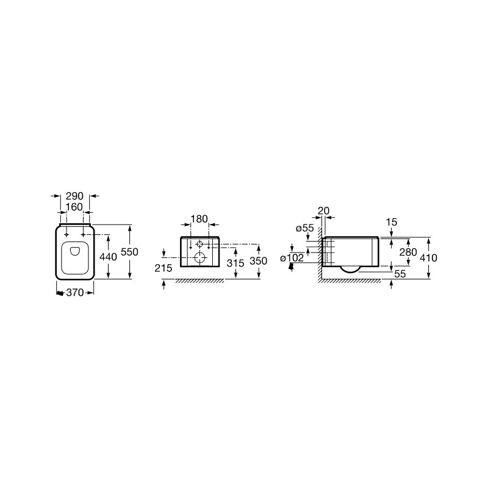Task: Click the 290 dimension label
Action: point(74,196)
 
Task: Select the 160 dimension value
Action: point(74,207)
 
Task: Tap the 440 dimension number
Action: point(108,257)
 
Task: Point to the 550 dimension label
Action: point(129,252)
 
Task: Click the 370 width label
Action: point(75,293)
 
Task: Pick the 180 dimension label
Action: point(199,219)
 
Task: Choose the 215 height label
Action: point(163,268)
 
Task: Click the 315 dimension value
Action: point(235,263)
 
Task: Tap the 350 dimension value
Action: point(258,261)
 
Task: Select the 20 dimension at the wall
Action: point(324,211)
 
